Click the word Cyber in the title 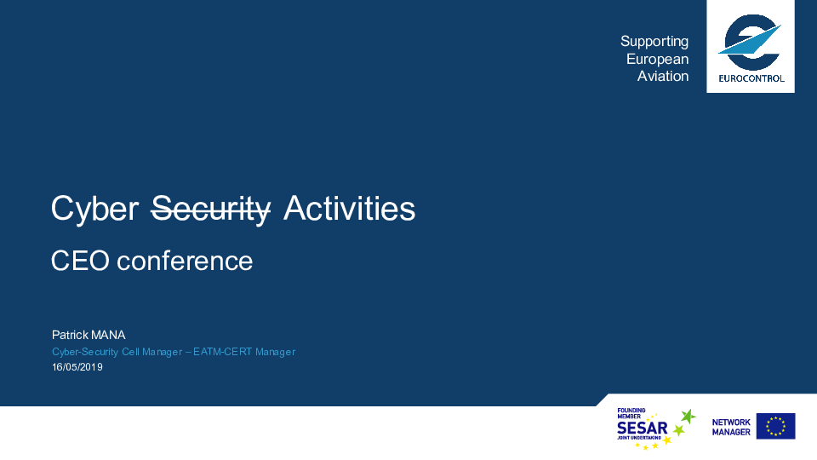[94, 210]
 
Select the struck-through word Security [210, 210]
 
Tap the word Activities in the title [349, 208]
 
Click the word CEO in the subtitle [80, 261]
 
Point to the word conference [185, 261]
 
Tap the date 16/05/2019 [77, 367]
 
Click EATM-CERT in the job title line [222, 352]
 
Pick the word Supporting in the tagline [654, 42]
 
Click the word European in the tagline [658, 60]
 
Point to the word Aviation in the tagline [663, 76]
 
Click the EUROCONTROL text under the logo [751, 78]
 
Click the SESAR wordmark [642, 428]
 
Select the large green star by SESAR [688, 417]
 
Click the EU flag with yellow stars [775, 426]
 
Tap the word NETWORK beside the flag [731, 422]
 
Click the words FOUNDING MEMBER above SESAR [631, 414]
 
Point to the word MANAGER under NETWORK [731, 432]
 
